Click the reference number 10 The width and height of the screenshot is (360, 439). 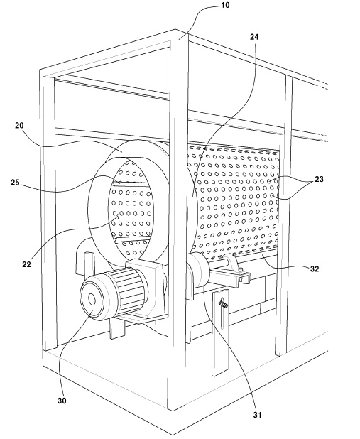[225, 5]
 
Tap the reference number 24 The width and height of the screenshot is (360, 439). [254, 37]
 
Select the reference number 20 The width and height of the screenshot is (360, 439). [19, 126]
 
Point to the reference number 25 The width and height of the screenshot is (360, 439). [15, 183]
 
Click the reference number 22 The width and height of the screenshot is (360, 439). [26, 264]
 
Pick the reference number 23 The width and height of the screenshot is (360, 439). [319, 179]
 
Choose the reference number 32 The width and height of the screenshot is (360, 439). [315, 269]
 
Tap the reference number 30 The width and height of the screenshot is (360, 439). [62, 401]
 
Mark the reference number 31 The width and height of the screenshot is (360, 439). [257, 415]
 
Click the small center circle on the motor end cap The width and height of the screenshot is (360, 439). [92, 300]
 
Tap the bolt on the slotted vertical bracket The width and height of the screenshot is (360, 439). [224, 303]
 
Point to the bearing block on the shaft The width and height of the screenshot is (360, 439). [231, 262]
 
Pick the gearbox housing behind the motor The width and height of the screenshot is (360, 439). [146, 274]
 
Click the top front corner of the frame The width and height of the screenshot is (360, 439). [176, 29]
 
